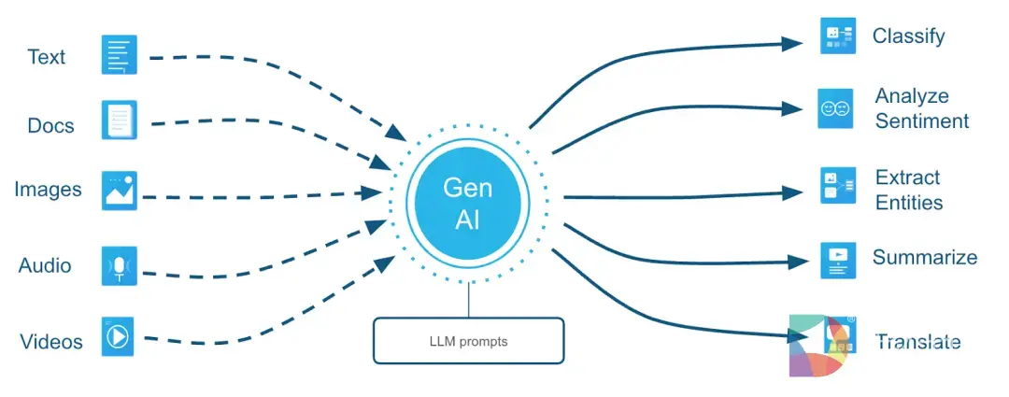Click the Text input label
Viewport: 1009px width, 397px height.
47,57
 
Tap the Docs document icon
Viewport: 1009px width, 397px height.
119,121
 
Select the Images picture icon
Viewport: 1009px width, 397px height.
119,189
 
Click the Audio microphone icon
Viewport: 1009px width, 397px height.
119,266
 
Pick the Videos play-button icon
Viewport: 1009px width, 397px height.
119,336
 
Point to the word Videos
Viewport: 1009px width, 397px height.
51,342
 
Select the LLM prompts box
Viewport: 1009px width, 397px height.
468,341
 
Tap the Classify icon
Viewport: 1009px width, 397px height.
837,35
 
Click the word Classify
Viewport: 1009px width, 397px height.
908,36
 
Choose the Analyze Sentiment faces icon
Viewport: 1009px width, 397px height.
835,108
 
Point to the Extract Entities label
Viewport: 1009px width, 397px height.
908,190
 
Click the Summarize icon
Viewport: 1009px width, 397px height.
837,260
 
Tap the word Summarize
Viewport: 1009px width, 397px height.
924,257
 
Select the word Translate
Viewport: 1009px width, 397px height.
917,342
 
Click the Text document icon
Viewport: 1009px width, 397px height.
119,55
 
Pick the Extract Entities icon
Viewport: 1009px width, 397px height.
837,185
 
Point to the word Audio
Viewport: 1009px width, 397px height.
45,265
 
